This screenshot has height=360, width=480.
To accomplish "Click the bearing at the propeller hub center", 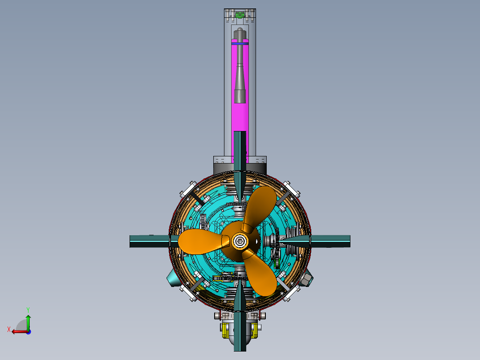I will pos(240,241).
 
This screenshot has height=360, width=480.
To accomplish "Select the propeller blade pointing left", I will pos(199,242).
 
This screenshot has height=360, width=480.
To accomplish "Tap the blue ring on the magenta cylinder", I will pos(240,44).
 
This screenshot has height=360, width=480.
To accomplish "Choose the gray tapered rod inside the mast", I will pos(240,71).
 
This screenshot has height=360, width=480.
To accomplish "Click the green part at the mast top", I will pos(240,14).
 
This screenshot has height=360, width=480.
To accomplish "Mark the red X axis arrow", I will pos(18,331).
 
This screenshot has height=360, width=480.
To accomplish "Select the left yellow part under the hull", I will pos(224,330).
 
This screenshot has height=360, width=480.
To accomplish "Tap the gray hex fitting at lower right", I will pos(306,278).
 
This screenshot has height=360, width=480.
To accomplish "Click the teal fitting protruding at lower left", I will pos(173,279).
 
